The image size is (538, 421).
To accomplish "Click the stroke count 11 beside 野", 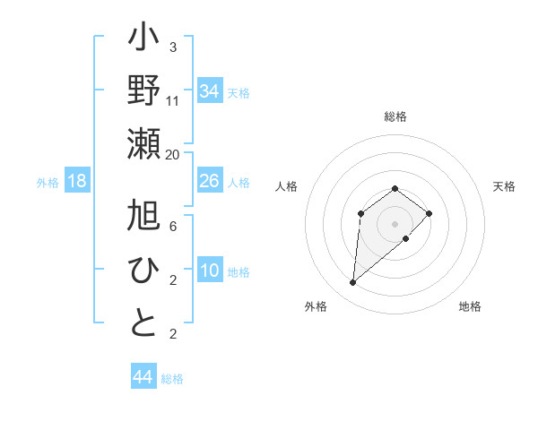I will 173,100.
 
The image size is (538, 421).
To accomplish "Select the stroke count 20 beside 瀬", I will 173,154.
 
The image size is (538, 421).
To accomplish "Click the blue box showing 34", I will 210,90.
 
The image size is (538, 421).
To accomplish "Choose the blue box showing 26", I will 210,181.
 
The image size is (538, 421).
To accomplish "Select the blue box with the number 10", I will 210,271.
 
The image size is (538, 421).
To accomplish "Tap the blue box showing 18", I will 77,181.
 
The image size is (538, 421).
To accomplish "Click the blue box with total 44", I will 143,377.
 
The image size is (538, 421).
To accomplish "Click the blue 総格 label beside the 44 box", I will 172,379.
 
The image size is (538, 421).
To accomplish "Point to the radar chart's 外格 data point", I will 352,283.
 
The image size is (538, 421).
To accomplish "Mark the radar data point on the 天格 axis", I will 430,213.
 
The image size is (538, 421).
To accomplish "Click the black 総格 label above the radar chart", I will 395,116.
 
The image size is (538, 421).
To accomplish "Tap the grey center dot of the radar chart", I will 395,223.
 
